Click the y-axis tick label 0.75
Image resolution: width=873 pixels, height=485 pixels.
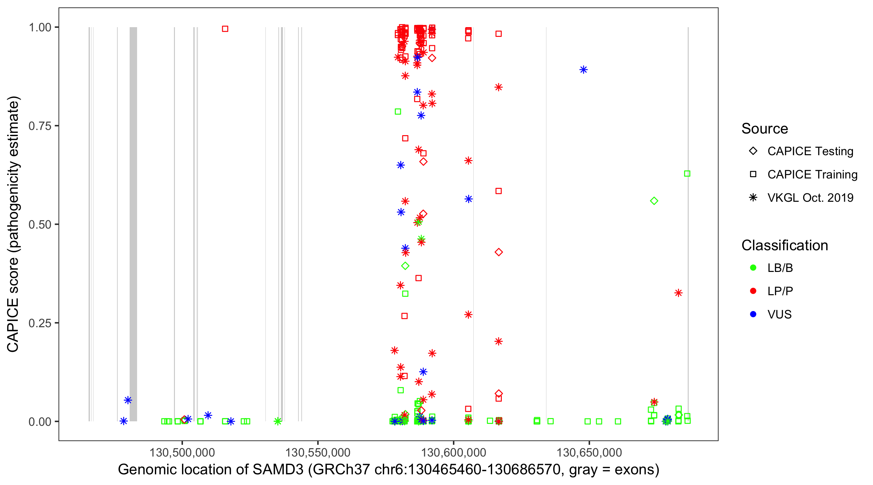click(x=39, y=126)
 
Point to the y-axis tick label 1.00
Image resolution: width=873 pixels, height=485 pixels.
click(x=39, y=27)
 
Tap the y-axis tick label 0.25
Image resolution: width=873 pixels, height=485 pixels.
click(x=39, y=323)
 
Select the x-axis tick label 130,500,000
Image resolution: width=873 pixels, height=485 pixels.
click(x=182, y=452)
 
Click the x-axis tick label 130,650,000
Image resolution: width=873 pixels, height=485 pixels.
click(x=589, y=452)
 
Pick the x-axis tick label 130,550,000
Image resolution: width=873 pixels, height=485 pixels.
click(x=318, y=452)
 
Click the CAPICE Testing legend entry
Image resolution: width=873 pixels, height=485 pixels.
click(x=810, y=151)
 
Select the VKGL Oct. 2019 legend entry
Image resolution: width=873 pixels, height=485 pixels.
click(x=810, y=198)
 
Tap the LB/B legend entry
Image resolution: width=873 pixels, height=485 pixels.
click(x=780, y=268)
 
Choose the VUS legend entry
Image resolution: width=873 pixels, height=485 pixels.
click(x=779, y=315)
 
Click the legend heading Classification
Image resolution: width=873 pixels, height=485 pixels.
click(x=784, y=245)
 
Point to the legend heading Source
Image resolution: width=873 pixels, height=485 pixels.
click(x=765, y=129)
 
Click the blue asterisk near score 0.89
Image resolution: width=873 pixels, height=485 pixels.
click(x=583, y=70)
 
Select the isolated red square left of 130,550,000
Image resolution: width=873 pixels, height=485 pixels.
click(x=225, y=29)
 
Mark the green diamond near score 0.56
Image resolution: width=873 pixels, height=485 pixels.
click(x=654, y=201)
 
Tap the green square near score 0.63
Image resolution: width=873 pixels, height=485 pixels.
click(x=687, y=174)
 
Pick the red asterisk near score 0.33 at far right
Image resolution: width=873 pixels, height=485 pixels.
click(x=678, y=293)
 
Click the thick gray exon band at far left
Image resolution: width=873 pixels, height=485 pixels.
click(x=133, y=224)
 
